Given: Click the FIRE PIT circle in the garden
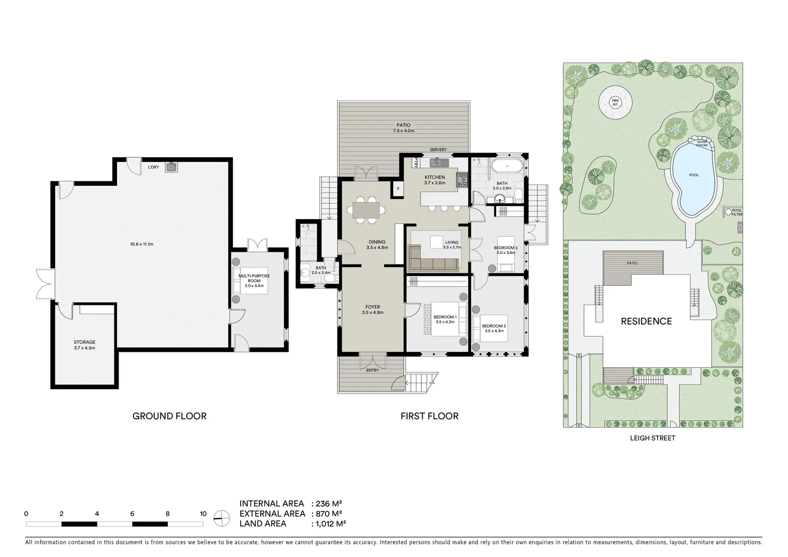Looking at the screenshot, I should tap(615, 102).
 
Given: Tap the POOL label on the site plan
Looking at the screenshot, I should tap(694, 175).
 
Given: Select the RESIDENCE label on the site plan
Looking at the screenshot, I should tap(646, 321).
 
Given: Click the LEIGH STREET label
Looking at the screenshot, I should tap(652, 438).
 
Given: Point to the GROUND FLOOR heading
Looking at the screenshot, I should tap(170, 416).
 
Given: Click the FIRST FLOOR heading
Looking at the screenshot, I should tap(429, 416).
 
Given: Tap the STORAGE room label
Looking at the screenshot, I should tap(85, 345).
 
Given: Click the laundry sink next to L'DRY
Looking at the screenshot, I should tap(171, 167).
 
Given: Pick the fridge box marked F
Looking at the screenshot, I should tap(398, 189).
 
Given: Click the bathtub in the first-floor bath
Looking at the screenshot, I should tap(506, 167).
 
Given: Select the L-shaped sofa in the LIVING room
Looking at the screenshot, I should tap(433, 260).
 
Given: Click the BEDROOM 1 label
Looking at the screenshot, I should tap(445, 319).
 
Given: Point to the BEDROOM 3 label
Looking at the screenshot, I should tap(494, 329).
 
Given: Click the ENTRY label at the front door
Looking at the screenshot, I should tap(372, 370).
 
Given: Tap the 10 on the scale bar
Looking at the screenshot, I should tap(203, 514).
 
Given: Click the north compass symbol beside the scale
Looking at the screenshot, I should tap(222, 517).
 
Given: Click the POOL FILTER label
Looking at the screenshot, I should tap(737, 212).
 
